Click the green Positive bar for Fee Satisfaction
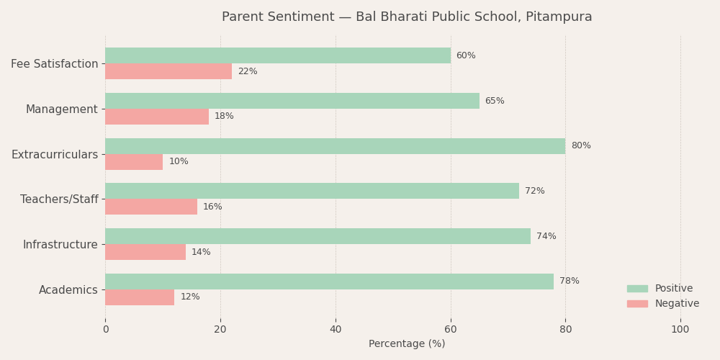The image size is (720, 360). [278, 55]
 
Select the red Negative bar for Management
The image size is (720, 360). [157, 117]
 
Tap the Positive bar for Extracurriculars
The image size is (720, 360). [335, 146]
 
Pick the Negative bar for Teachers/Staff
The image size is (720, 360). [151, 207]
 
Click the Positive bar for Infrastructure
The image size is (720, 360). [318, 236]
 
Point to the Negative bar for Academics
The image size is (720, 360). [140, 297]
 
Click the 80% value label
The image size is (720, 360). [580, 146]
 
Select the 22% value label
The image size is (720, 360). [247, 71]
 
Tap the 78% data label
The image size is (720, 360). [569, 282]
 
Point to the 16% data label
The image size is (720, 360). [212, 207]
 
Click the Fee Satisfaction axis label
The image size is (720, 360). [54, 64]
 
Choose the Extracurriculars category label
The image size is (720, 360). [54, 155]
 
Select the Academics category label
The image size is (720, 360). [68, 290]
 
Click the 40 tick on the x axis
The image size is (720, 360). [336, 330]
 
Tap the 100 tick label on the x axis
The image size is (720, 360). [680, 330]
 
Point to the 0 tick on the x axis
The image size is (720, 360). [106, 330]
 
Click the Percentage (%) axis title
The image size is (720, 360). [407, 344]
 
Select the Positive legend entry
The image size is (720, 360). [673, 289]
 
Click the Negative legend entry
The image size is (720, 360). [676, 304]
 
